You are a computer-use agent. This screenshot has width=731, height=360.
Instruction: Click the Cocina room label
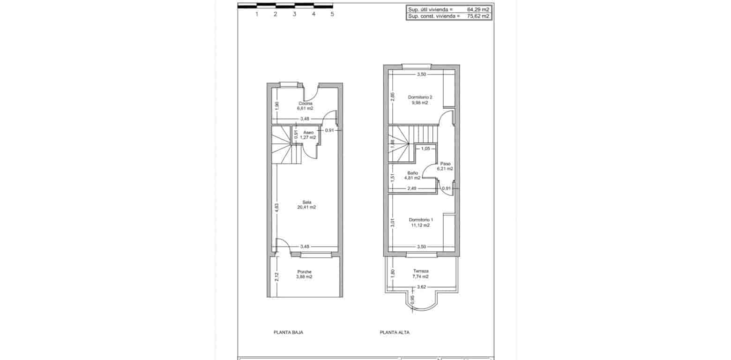(x=306, y=103)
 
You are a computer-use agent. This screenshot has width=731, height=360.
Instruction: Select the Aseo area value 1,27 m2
(x=308, y=137)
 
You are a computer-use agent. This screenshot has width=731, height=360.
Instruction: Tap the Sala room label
(x=306, y=202)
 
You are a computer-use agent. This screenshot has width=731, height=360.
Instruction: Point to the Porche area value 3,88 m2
(x=304, y=277)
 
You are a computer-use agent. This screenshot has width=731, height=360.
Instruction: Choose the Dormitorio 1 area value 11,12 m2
(x=420, y=225)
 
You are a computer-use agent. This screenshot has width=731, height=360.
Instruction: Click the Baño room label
(x=412, y=172)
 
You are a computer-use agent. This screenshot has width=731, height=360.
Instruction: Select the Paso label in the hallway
(x=445, y=164)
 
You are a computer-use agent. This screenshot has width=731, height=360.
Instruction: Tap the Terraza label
(x=420, y=271)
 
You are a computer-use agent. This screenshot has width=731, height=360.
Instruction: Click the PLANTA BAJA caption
(x=288, y=332)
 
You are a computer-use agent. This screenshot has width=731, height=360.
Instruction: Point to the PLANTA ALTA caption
(x=395, y=332)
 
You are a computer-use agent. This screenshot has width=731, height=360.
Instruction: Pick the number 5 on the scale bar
(x=332, y=14)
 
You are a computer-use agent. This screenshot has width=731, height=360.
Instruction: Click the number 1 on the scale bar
(x=257, y=14)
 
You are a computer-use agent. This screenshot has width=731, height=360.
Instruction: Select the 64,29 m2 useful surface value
(x=478, y=9)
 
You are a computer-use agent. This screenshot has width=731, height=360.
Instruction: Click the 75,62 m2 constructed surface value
(x=478, y=16)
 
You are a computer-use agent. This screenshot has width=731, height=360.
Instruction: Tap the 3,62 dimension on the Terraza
(x=421, y=287)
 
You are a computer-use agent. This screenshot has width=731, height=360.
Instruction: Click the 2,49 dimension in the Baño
(x=411, y=188)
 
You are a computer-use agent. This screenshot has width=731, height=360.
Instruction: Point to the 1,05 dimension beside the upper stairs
(x=425, y=149)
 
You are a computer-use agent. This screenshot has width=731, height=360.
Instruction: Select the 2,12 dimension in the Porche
(x=276, y=277)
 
